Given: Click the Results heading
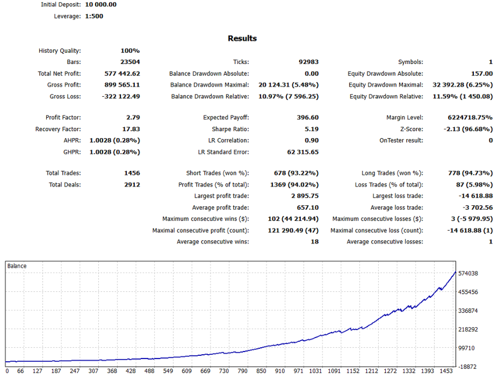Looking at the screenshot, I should point(242,38).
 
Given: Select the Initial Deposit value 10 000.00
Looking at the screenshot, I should point(101,4).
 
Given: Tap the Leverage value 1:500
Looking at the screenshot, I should point(94,16).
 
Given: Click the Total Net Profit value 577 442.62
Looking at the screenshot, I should point(122,74).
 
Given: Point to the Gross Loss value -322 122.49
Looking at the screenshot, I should point(121,96).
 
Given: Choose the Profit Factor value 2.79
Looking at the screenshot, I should point(132,117).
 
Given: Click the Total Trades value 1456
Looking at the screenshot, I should point(132,173).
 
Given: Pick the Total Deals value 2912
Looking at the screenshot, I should point(132,184).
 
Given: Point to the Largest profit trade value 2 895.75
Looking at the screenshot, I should point(301,196).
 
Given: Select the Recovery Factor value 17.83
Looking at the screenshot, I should point(131,129).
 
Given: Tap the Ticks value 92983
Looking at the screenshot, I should point(308,62).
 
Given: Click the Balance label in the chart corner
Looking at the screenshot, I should point(17,266).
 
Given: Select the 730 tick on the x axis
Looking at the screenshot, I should point(223,371).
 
